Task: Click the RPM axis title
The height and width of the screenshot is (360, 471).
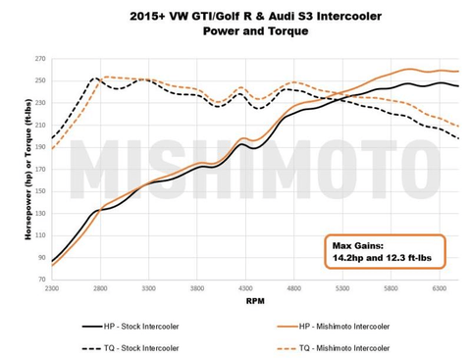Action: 254,303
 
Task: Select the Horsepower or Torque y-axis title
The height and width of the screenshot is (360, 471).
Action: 17,169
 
